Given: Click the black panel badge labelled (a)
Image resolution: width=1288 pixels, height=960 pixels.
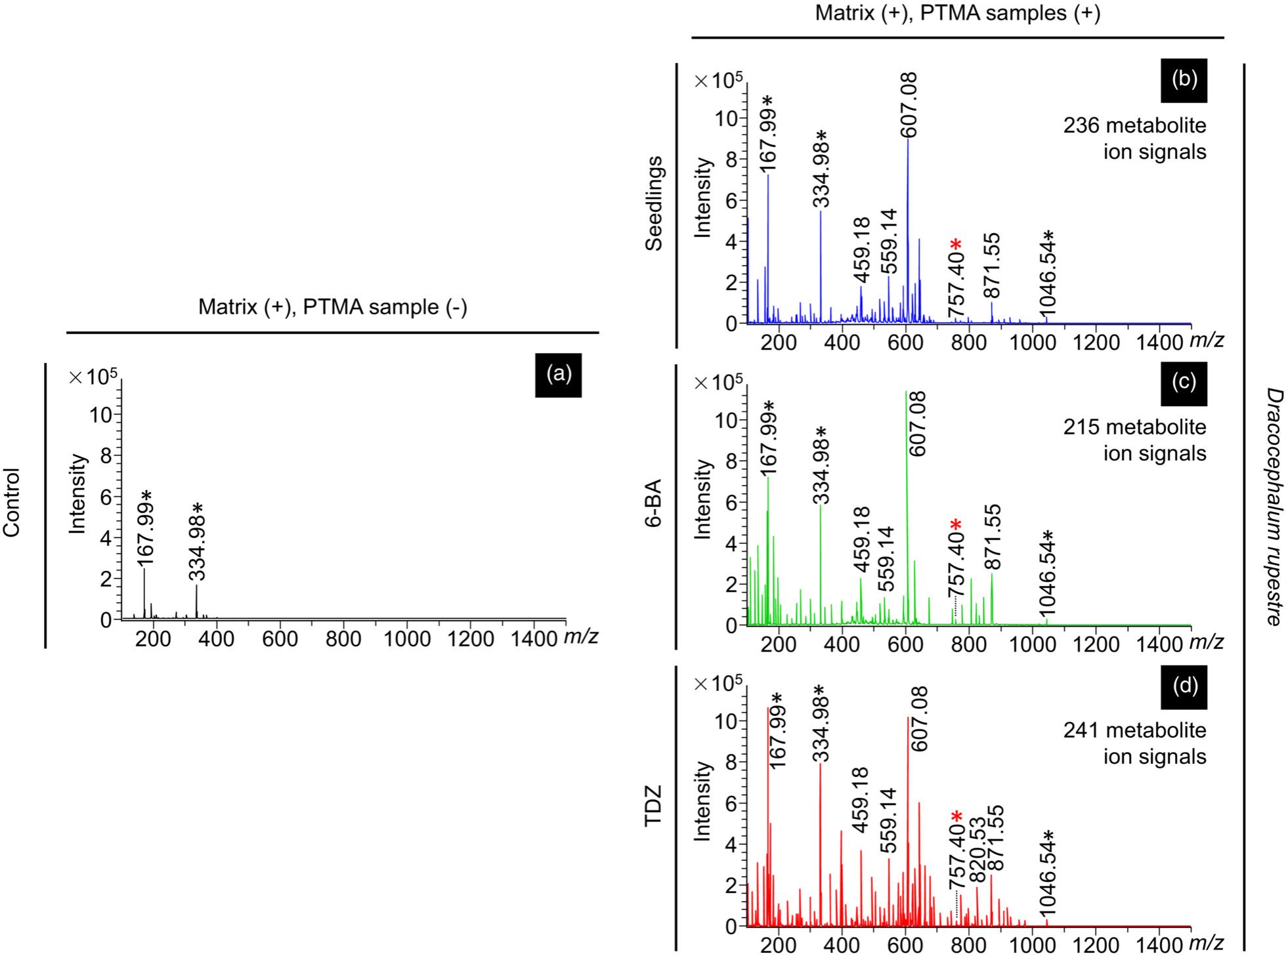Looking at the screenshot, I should (x=558, y=374).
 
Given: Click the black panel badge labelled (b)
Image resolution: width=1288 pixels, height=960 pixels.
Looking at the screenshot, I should (x=1184, y=79).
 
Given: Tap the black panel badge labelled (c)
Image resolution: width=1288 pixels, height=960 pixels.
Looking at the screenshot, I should (x=1184, y=382).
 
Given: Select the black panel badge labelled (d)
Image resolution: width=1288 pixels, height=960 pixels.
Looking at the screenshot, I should (x=1184, y=686).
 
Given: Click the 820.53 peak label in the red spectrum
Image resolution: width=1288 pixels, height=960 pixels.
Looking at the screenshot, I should (x=977, y=850).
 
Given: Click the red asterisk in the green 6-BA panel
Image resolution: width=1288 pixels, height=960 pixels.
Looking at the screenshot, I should (x=956, y=525).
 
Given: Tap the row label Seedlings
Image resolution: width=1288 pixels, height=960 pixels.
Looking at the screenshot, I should (x=654, y=203).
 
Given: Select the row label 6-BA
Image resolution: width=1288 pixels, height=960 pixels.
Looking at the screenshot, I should (x=654, y=504).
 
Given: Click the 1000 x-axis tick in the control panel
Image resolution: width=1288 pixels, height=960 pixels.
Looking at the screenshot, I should (x=407, y=638).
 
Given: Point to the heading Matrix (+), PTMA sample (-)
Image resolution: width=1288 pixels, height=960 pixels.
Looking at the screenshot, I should (x=333, y=307).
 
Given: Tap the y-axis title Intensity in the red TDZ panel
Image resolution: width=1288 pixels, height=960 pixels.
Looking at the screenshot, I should (x=702, y=801).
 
